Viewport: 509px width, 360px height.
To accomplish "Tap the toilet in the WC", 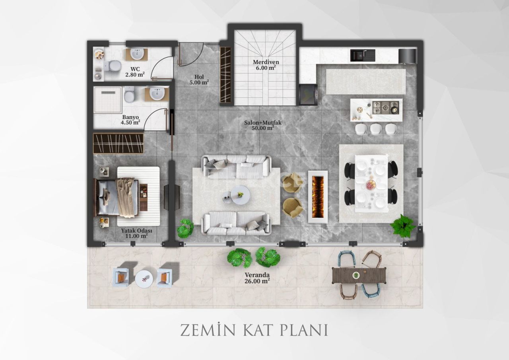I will pos(113,65).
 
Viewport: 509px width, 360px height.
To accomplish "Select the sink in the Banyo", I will pos(157,94).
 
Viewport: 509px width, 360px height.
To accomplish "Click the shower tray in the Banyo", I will pos(107,100).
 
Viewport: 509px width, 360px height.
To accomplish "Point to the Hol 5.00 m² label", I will pos(199,80).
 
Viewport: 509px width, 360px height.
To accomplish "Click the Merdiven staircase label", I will pos(266,65).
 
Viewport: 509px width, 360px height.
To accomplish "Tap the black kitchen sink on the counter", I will pos(362,55).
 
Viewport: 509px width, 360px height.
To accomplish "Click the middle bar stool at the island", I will pos(376,129).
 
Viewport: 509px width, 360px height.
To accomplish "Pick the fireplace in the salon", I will pos(318,197).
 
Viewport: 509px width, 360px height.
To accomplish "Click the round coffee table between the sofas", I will pos(240,195).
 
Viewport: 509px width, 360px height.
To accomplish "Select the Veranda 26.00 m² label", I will pos(257,278).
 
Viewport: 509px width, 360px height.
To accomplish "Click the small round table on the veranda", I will pos(144,278).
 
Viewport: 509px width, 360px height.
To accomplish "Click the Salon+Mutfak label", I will pos(262,125).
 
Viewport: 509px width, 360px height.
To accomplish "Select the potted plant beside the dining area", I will pos(403,226).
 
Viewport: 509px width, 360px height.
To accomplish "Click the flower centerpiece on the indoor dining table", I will pos(371,185).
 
